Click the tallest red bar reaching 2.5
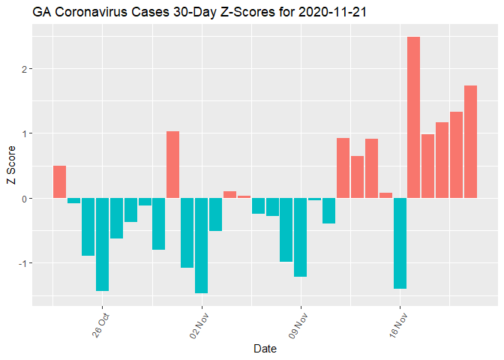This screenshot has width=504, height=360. coord(413,117)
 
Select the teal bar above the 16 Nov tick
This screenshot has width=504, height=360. coord(399,243)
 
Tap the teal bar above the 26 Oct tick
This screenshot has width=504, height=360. coord(102,244)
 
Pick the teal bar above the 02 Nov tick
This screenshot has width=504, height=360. coord(201,245)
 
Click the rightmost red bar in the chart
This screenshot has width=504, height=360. coord(470,142)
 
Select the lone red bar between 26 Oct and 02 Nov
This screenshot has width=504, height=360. coord(172,164)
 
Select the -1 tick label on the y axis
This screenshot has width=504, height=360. coord(22,263)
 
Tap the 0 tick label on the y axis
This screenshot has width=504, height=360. coord(25,199)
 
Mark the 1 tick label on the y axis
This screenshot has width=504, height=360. coord(25,133)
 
